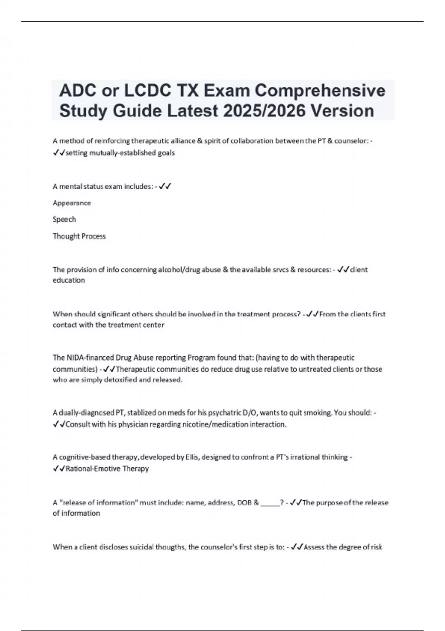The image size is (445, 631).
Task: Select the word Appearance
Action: (x=72, y=203)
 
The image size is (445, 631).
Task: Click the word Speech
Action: (x=64, y=219)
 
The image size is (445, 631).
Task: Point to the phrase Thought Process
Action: (x=79, y=236)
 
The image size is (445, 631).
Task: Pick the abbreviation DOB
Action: (x=244, y=503)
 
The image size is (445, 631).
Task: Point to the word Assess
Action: (x=314, y=547)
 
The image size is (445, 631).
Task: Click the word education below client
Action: (x=69, y=280)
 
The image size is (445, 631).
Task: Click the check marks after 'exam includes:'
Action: (x=165, y=186)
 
